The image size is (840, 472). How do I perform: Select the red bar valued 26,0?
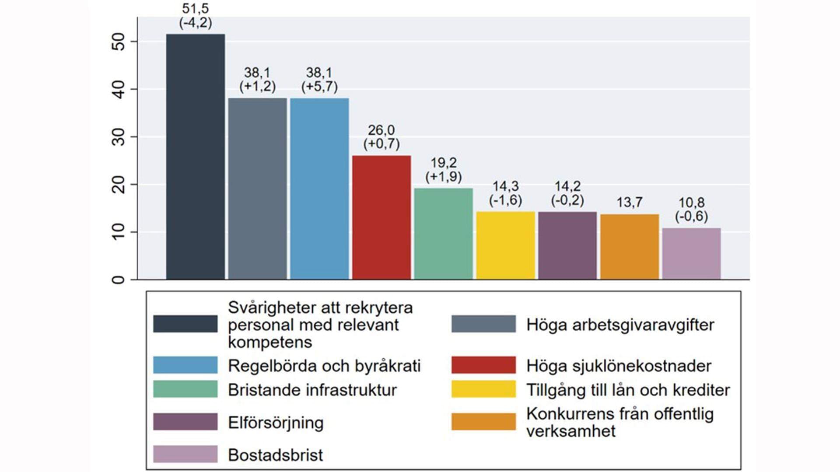381,217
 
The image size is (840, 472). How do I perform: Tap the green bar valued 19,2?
444,234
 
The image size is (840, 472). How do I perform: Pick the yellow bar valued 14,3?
505,245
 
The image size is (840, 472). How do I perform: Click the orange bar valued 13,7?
629,247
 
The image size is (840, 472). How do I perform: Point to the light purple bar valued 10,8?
691,254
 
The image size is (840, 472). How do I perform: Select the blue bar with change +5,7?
319,189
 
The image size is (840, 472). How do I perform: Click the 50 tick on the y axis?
118,42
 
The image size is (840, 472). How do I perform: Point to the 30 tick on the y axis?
118,137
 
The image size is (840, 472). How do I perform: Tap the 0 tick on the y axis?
118,279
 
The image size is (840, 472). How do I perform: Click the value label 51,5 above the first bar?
196,8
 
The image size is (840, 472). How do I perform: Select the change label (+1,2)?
257,86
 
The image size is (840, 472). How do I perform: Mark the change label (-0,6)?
691,216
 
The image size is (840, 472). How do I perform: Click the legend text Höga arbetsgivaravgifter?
620,325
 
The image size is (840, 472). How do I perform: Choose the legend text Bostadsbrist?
275,455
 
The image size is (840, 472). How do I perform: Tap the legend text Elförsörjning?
276,423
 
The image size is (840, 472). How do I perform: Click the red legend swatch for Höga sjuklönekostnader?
483,365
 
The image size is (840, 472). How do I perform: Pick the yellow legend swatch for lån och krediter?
483,389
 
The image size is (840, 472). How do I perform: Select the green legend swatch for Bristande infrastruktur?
185,389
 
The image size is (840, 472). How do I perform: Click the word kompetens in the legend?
270,342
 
